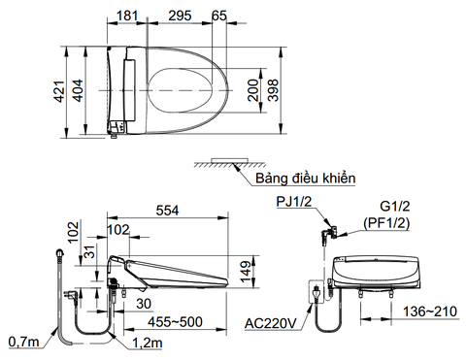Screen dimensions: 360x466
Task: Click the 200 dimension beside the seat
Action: point(251,92)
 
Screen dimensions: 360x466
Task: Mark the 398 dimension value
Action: point(276,91)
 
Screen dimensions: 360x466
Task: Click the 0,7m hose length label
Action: point(20,341)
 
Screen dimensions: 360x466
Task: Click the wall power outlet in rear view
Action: point(316,289)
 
